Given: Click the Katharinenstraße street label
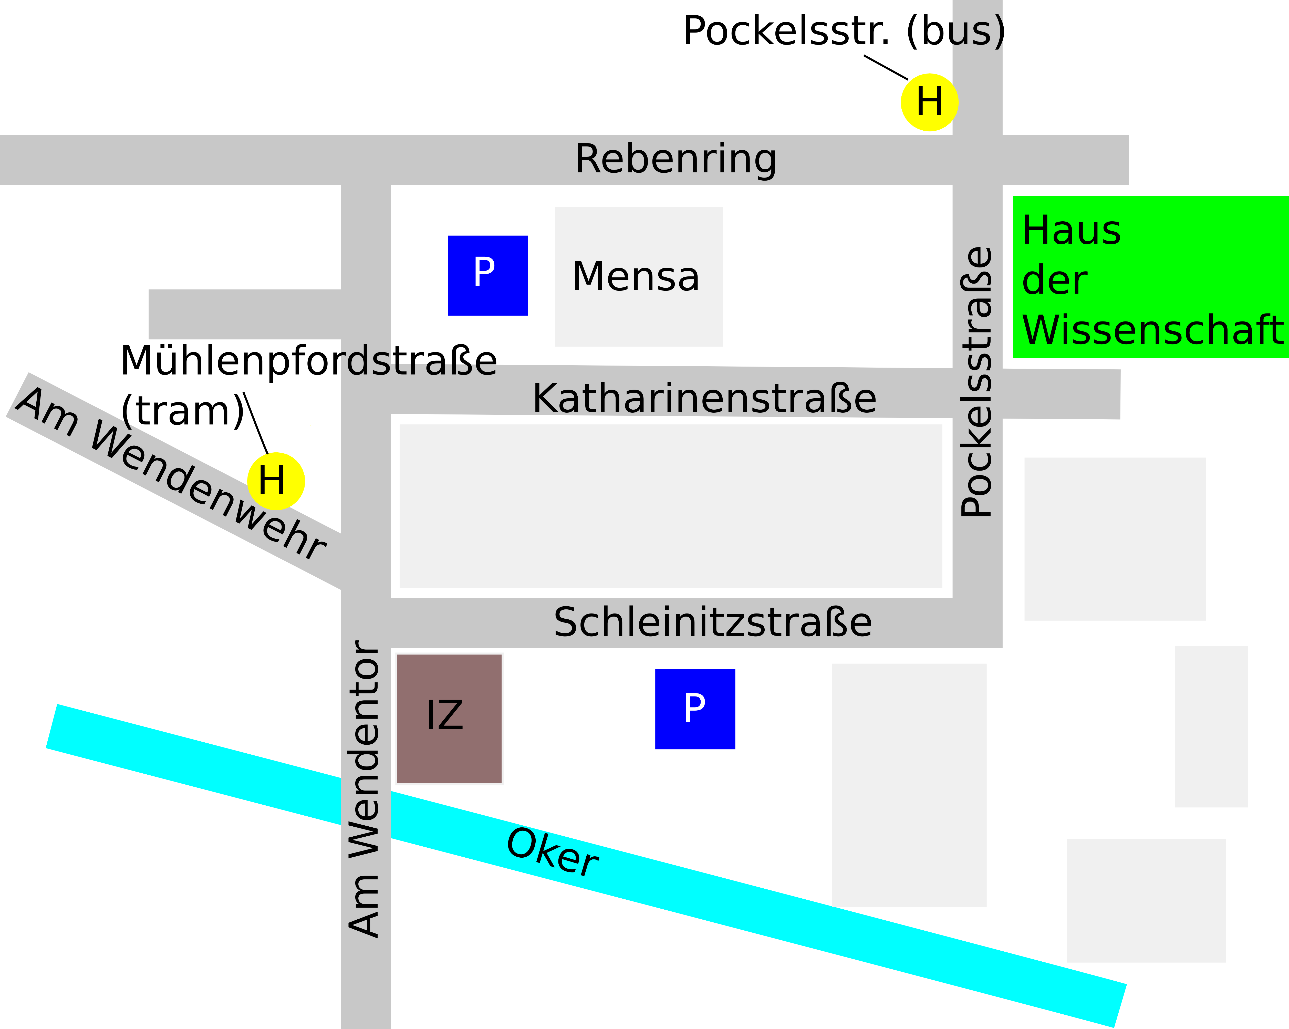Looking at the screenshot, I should (704, 399).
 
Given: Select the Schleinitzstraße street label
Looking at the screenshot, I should (713, 622).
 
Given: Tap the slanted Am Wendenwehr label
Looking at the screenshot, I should (170, 474).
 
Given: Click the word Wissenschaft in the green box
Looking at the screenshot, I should (1152, 330).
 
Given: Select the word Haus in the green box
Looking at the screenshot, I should (1071, 231).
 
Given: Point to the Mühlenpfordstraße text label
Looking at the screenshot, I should (308, 361).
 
